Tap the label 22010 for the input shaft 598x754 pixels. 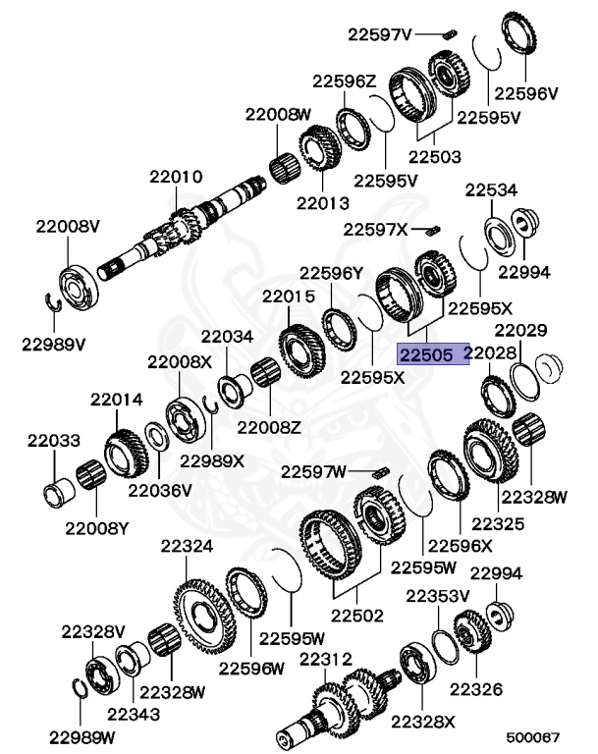pyautogui.click(x=176, y=178)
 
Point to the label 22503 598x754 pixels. pyautogui.click(x=435, y=156)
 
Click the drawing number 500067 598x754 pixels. pyautogui.click(x=532, y=735)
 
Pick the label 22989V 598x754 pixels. pyautogui.click(x=54, y=345)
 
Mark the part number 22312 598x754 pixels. pyautogui.click(x=326, y=658)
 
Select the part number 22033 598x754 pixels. pyautogui.click(x=53, y=442)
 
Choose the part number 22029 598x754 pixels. pyautogui.click(x=520, y=331)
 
